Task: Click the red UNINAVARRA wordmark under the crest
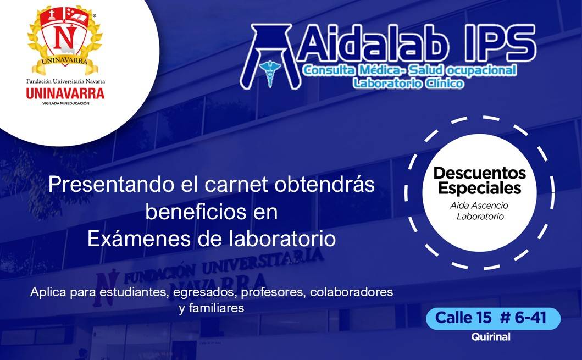65,93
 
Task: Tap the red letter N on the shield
63,38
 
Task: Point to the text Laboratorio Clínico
408,83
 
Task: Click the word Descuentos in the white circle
480,173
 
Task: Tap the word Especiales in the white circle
480,188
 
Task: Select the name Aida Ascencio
479,206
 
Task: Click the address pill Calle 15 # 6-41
493,318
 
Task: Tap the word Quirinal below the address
491,337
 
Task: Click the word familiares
216,308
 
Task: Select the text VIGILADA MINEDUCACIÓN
66,103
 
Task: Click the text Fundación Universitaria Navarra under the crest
65,81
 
